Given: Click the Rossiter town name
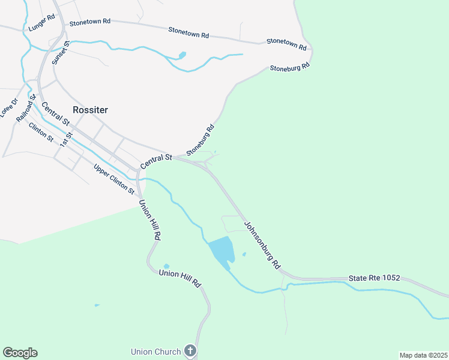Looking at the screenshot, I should pyautogui.click(x=90, y=110).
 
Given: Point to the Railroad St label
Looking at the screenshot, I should pyautogui.click(x=27, y=108).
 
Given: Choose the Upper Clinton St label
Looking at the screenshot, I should pyautogui.click(x=114, y=179).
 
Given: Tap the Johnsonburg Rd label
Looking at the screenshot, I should pyautogui.click(x=262, y=245).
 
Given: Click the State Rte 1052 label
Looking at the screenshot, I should pyautogui.click(x=374, y=279).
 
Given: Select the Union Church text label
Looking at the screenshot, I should pyautogui.click(x=156, y=351).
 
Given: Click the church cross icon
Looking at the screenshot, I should pyautogui.click(x=190, y=350).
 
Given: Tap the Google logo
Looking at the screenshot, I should pyautogui.click(x=20, y=353).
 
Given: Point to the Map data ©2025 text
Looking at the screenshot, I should pyautogui.click(x=423, y=355).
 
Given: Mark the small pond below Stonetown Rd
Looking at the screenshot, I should pyautogui.click(x=182, y=56).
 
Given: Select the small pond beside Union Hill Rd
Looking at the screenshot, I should pyautogui.click(x=166, y=266).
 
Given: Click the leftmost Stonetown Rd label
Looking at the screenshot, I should pyautogui.click(x=90, y=22).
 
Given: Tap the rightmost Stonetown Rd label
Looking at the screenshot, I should pyautogui.click(x=286, y=43).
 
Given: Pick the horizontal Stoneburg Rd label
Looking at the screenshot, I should pyautogui.click(x=289, y=67).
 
